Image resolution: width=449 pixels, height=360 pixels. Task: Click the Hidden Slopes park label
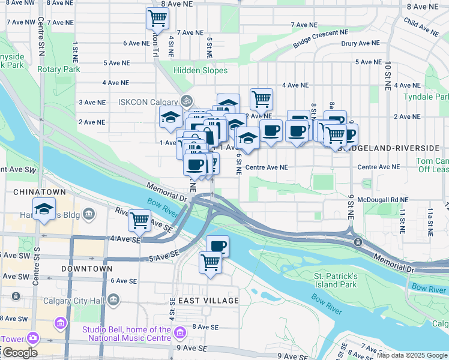(200, 70)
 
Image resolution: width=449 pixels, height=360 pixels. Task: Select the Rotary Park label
(59, 69)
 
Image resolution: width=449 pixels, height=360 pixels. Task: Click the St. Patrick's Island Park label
(336, 280)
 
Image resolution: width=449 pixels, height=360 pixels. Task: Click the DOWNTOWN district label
(87, 269)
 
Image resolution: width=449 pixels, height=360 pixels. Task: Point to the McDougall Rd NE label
(382, 200)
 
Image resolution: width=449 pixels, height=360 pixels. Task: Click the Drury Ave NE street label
(360, 43)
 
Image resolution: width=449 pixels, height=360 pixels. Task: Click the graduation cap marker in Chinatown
(43, 210)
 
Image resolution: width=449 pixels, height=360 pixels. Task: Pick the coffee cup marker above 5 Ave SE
(217, 245)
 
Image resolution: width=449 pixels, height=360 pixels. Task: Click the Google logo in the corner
(20, 353)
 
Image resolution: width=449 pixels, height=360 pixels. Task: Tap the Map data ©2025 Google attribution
(411, 355)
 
